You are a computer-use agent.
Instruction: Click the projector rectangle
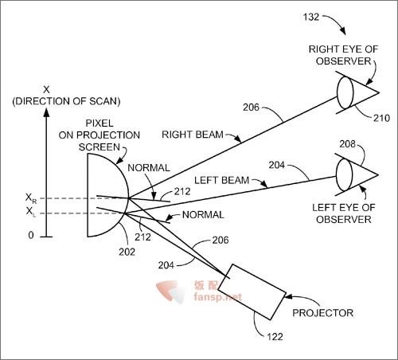click(252, 292)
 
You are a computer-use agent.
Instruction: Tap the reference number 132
click(311, 18)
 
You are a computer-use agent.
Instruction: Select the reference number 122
click(275, 337)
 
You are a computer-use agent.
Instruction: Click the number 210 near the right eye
click(381, 118)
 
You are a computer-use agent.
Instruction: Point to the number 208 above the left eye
click(347, 144)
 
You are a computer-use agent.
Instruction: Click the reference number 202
click(127, 252)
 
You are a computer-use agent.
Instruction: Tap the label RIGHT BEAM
click(193, 135)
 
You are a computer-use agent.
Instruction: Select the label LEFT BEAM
click(222, 180)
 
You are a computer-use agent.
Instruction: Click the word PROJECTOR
click(322, 313)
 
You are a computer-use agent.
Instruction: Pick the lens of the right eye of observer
click(345, 92)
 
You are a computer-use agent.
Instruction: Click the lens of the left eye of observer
click(344, 174)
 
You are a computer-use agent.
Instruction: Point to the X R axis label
click(31, 198)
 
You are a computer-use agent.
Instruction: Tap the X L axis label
click(30, 212)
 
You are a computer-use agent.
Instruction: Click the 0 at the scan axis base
click(31, 235)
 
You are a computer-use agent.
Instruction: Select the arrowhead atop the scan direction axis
click(46, 112)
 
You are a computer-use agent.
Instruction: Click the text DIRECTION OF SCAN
click(66, 101)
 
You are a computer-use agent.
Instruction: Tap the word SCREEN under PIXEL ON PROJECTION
click(99, 147)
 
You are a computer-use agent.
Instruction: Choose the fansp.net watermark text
click(218, 296)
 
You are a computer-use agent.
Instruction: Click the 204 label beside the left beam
click(277, 165)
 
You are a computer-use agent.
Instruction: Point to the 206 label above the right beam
click(251, 108)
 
